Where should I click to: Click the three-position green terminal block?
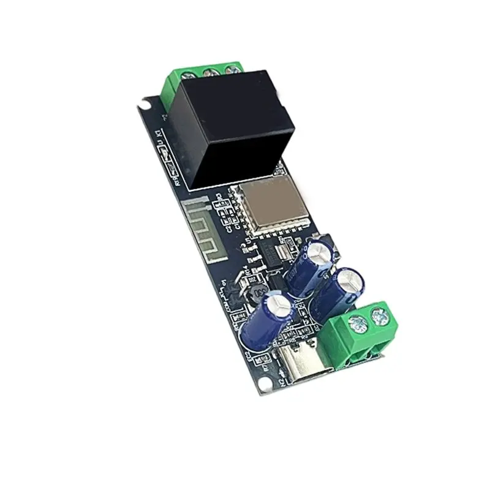(202, 77)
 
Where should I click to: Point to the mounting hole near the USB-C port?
(264, 383)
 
